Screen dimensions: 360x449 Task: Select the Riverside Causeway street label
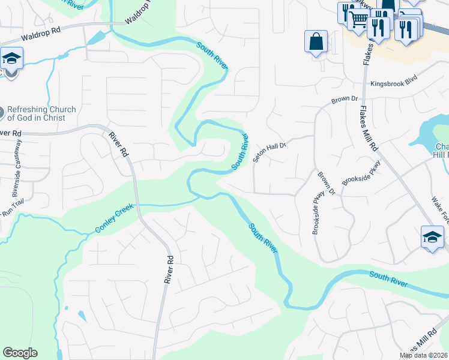tap(17, 169)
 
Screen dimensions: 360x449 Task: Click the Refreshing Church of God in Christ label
tap(46, 114)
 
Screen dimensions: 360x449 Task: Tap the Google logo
tap(20, 353)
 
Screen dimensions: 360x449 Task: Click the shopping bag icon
tap(316, 42)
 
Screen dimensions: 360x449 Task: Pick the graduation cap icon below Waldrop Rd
tap(11, 59)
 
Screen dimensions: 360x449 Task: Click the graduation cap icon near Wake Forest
tap(432, 237)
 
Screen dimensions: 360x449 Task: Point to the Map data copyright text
tap(424, 355)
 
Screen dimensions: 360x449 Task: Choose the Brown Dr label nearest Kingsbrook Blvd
tap(345, 98)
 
